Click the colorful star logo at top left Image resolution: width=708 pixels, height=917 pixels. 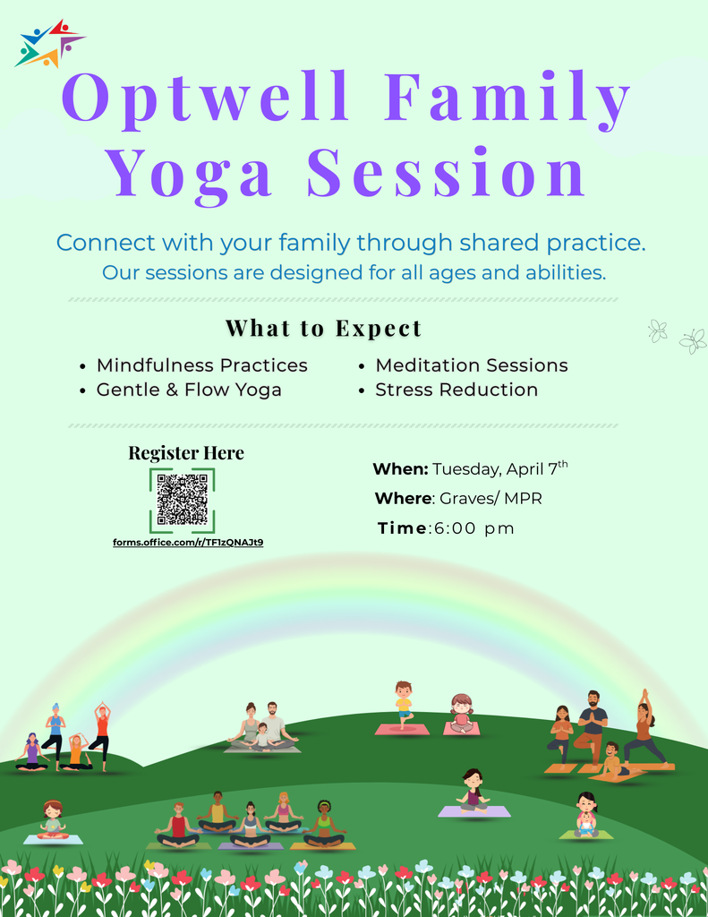pyautogui.click(x=49, y=44)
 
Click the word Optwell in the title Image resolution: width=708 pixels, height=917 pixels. pyautogui.click(x=207, y=99)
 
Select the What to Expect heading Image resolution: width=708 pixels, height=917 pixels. pyautogui.click(x=323, y=329)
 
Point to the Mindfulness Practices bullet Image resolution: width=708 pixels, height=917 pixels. pyautogui.click(x=201, y=365)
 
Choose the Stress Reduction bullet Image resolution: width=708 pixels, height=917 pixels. pyautogui.click(x=456, y=390)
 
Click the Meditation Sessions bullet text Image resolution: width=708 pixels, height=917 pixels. pyautogui.click(x=472, y=365)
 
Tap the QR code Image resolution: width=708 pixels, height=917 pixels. pyautogui.click(x=182, y=500)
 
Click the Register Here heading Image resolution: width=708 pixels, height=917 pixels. pyautogui.click(x=186, y=453)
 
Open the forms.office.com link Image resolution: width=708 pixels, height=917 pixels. pyautogui.click(x=187, y=543)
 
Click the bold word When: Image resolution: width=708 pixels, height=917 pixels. pyautogui.click(x=400, y=469)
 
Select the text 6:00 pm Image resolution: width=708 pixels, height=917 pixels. pyautogui.click(x=474, y=528)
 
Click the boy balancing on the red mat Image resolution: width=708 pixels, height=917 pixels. pyautogui.click(x=404, y=704)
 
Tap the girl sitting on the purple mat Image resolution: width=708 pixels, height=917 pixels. pyautogui.click(x=473, y=791)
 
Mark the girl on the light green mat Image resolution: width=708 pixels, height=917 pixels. pyautogui.click(x=586, y=815)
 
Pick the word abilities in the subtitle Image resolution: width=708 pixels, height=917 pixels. pyautogui.click(x=567, y=272)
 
